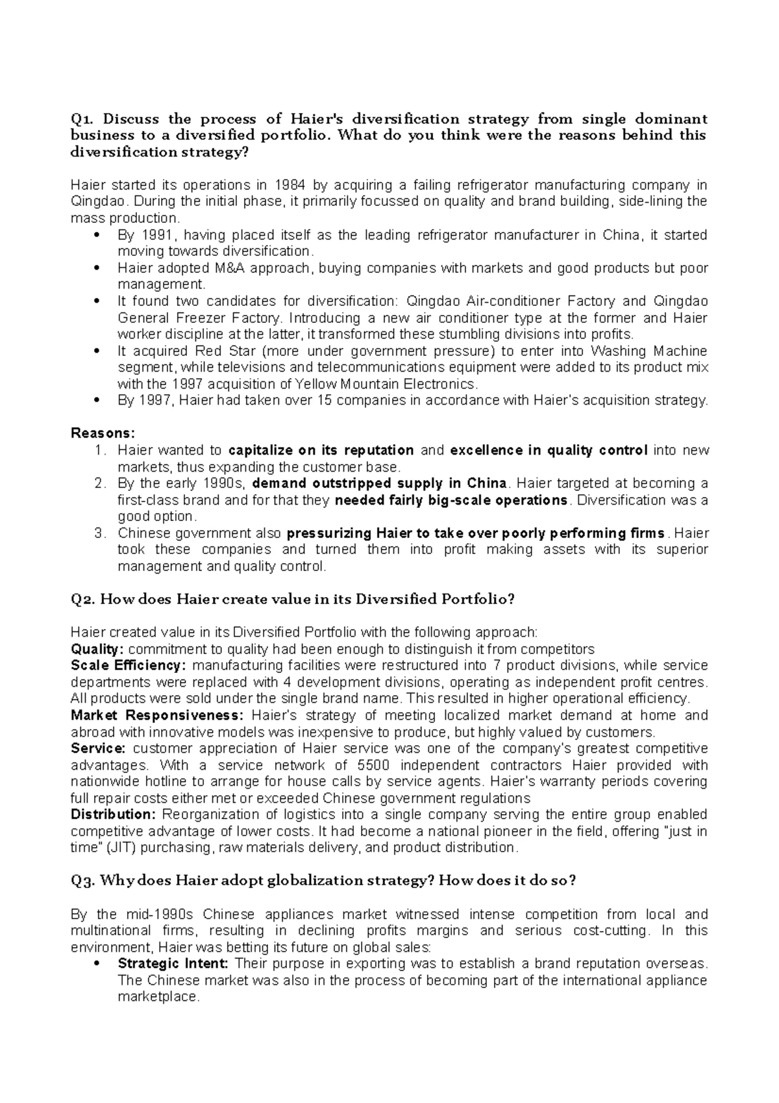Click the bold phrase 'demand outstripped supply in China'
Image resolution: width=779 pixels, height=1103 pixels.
[379, 483]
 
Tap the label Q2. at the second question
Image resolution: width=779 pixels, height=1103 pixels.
[82, 599]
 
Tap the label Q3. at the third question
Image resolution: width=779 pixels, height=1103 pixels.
[82, 881]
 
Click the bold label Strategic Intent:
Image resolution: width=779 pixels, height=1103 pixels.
[173, 963]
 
